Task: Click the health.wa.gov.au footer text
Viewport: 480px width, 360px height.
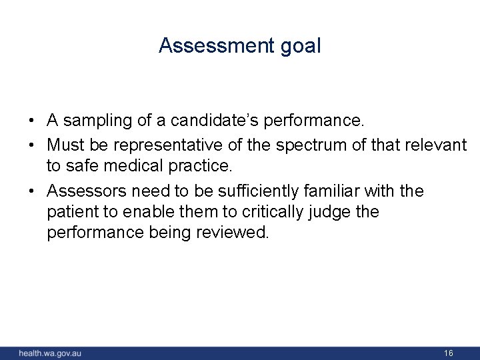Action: [x=50, y=353]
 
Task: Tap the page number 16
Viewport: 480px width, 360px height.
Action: [x=449, y=353]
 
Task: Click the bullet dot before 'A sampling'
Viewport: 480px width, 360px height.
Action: [x=31, y=121]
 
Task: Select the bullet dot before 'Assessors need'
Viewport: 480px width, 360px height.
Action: [x=31, y=192]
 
